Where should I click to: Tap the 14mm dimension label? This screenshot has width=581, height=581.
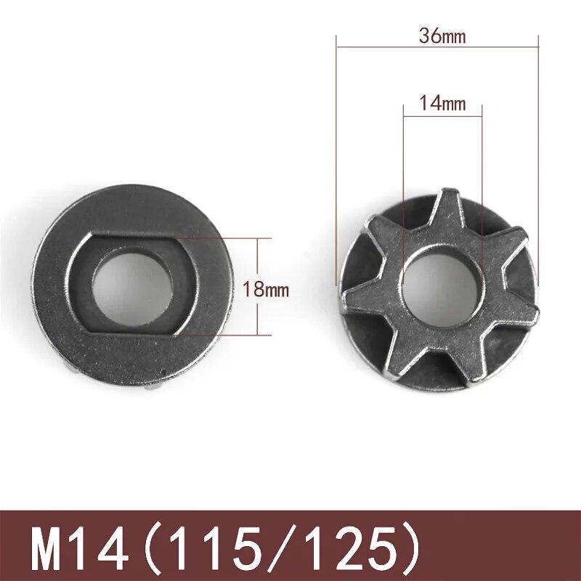pyautogui.click(x=442, y=103)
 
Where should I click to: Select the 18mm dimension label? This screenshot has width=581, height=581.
pyautogui.click(x=266, y=290)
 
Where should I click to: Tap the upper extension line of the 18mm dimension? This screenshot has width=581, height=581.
pyautogui.click(x=225, y=237)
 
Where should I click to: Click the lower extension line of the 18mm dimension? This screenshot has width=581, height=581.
pyautogui.click(x=225, y=335)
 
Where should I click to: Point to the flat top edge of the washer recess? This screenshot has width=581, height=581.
pyautogui.click(x=131, y=235)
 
